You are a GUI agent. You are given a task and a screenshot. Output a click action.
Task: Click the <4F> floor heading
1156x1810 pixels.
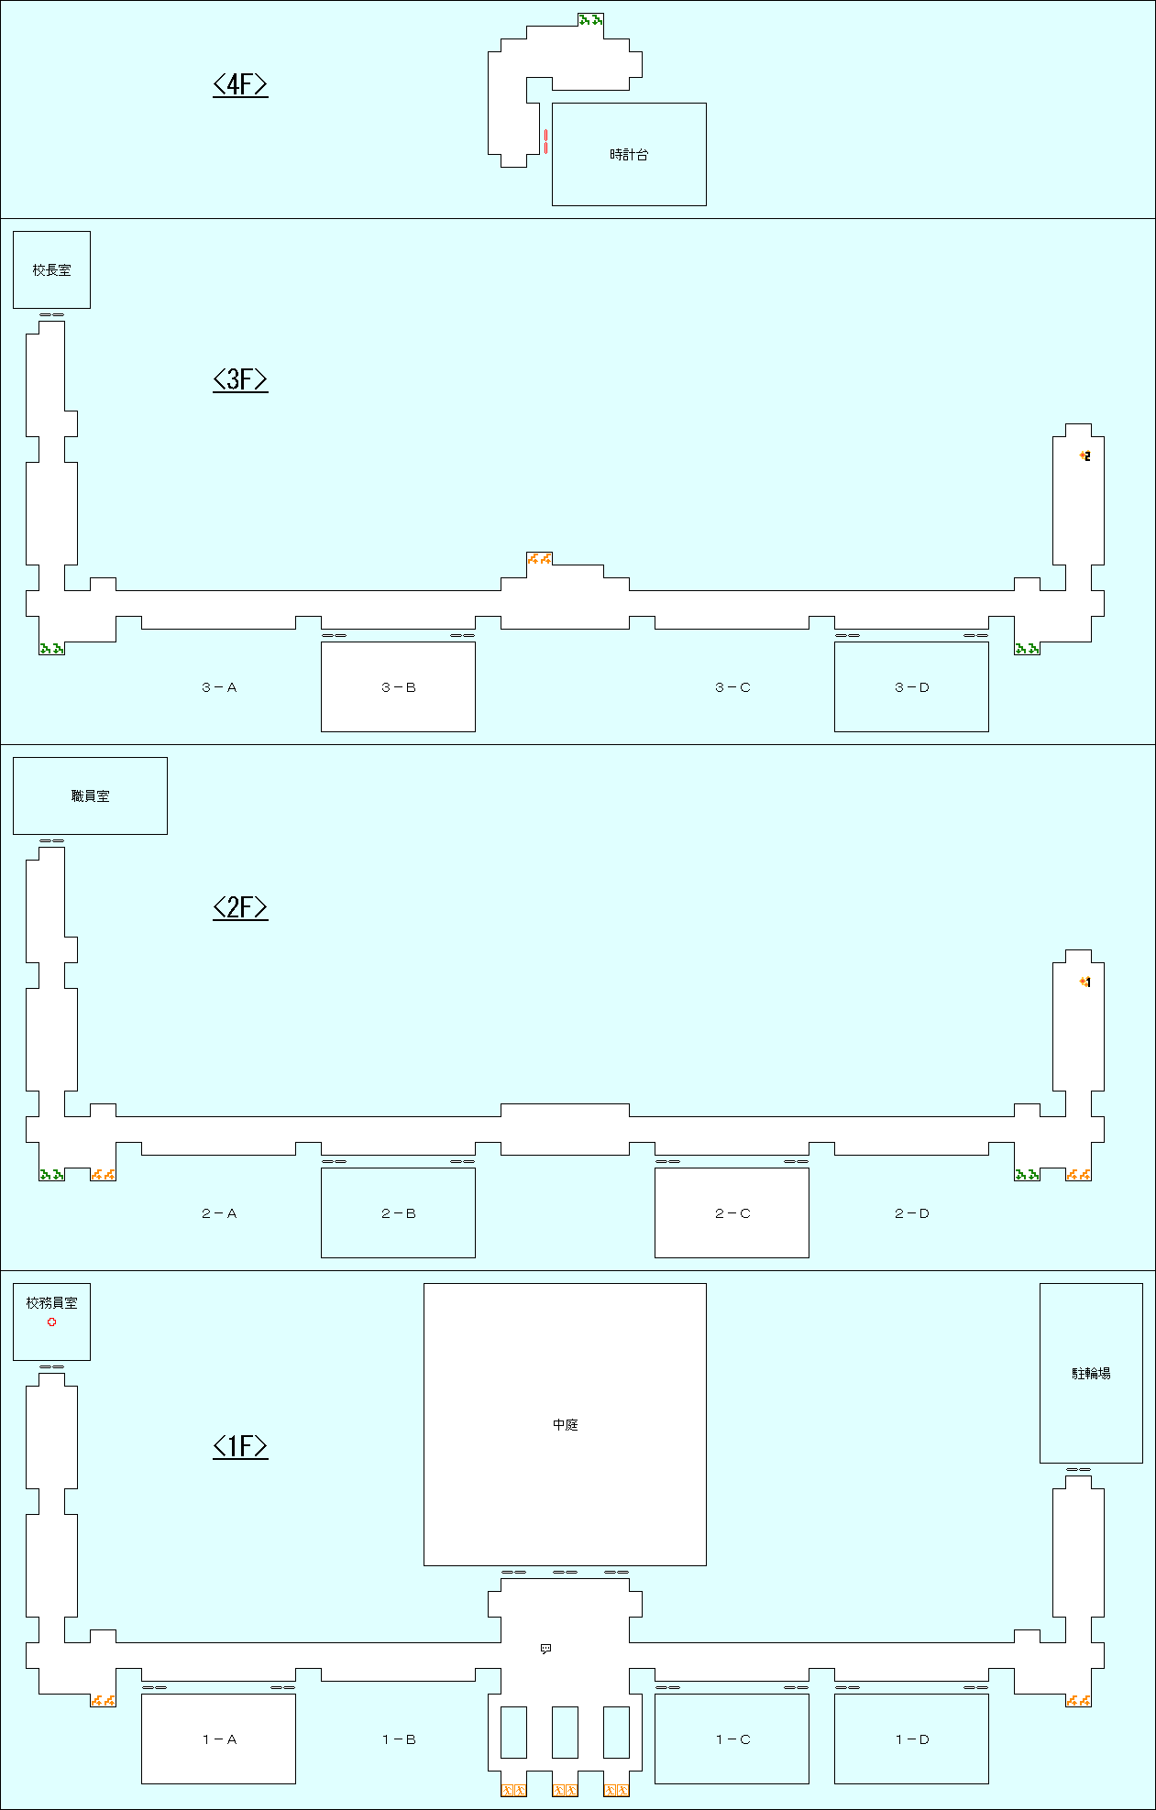tap(240, 84)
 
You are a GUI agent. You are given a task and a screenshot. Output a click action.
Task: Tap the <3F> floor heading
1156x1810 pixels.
tap(240, 379)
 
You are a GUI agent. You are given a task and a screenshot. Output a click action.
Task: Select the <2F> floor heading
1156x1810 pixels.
tap(240, 907)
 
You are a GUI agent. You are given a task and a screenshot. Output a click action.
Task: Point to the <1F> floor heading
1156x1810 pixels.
tap(240, 1446)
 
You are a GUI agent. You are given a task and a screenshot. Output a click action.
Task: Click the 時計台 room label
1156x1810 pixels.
tap(629, 155)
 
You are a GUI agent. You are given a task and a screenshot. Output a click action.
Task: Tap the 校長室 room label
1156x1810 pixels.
tap(51, 270)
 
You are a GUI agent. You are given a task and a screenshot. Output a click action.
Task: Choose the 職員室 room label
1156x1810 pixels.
tap(90, 796)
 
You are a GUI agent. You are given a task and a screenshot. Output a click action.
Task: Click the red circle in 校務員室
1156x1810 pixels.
tap(52, 1322)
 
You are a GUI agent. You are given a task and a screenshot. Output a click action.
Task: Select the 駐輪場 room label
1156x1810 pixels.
tap(1091, 1373)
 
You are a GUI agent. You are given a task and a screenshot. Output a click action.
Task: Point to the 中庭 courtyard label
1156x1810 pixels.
tap(565, 1425)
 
